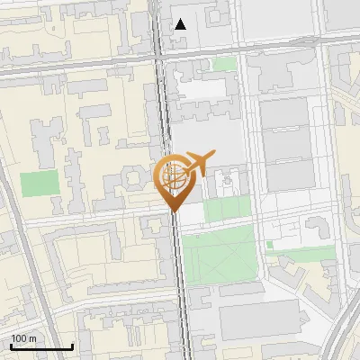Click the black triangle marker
(181, 24)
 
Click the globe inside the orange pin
(174, 176)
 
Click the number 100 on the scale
(19, 338)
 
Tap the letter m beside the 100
(32, 338)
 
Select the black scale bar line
(41, 346)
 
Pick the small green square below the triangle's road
(225, 64)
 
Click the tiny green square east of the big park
(270, 246)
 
